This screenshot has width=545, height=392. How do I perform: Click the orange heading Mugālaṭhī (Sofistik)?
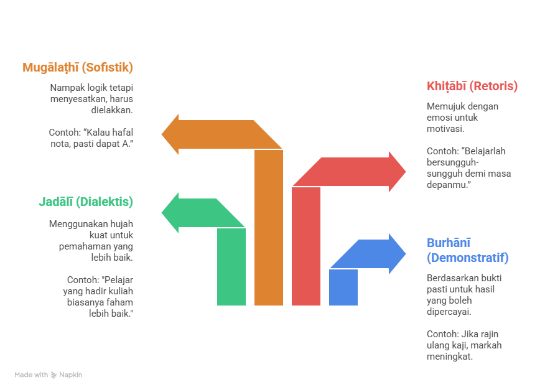pos(78,67)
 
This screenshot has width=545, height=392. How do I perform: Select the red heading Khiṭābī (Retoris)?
pos(472,86)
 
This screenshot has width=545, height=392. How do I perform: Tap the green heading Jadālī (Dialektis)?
pos(86,202)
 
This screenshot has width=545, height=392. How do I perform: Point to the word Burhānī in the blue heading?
pos(449,243)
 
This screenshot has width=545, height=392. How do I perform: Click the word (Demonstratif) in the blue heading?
pos(467,258)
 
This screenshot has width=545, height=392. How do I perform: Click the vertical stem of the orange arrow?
pos(269,236)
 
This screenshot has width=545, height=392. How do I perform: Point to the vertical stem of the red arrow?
pos(306,249)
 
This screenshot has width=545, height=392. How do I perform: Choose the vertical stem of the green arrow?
pos(231,268)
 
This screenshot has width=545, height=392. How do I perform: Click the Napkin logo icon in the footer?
pos(54,375)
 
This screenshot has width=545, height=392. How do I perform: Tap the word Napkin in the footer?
pos(71,375)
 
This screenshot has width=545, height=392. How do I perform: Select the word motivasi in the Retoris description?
pos(445,129)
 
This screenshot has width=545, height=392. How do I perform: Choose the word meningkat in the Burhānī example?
pos(449,357)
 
